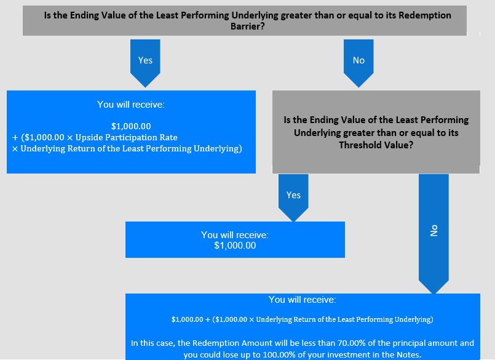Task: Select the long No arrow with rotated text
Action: tap(434, 234)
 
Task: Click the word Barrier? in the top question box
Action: tap(247, 26)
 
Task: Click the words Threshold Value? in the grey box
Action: tap(376, 145)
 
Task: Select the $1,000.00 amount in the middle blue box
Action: tap(235, 246)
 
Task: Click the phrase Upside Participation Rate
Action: tap(126, 137)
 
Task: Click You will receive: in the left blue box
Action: tap(131, 105)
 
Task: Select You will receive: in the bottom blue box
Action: tap(303, 300)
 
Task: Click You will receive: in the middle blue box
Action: tap(235, 235)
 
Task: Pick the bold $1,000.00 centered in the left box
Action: tap(131, 126)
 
